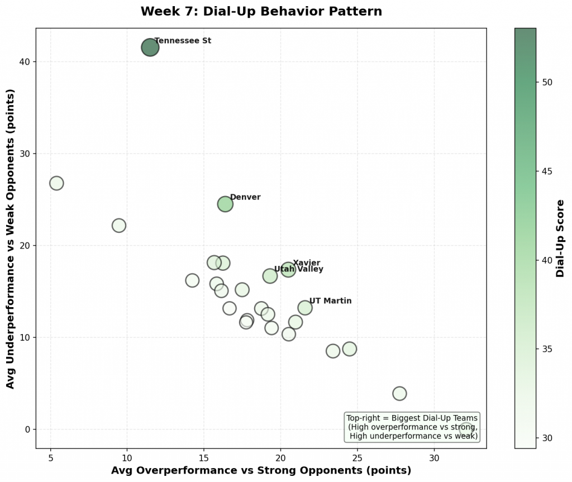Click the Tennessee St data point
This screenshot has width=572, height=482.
click(x=150, y=47)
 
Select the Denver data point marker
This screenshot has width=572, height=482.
click(x=225, y=204)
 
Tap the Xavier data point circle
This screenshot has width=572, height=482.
click(x=288, y=270)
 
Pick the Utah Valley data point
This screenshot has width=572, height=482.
click(x=270, y=276)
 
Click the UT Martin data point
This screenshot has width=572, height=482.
click(x=305, y=308)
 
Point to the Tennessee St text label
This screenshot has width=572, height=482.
click(x=183, y=41)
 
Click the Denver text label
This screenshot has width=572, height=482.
click(x=245, y=197)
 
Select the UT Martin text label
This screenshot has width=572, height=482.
click(x=330, y=301)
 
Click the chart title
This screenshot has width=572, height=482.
click(x=261, y=12)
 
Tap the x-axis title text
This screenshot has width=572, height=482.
click(x=261, y=470)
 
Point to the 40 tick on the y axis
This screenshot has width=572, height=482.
click(x=26, y=62)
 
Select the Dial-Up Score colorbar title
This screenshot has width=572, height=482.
click(x=560, y=238)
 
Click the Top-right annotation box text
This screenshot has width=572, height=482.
click(x=412, y=427)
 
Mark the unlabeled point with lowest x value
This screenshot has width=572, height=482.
click(x=56, y=183)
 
